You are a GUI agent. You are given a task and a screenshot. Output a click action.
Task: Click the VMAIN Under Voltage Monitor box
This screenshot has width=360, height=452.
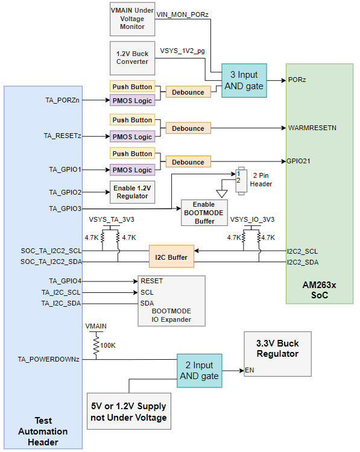(132, 17)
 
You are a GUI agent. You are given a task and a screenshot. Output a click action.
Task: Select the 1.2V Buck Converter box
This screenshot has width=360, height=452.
(132, 58)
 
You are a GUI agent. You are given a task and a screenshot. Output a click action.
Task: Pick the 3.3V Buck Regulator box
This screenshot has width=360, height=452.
(277, 349)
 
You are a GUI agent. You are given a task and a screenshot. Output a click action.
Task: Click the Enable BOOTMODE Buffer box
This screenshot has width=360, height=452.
(203, 213)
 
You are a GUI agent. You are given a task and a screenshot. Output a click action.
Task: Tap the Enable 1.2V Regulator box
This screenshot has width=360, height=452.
(132, 192)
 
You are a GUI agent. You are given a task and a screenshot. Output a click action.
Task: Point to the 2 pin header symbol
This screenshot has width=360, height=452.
(241, 180)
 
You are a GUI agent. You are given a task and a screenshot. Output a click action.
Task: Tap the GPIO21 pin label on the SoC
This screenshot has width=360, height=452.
(300, 161)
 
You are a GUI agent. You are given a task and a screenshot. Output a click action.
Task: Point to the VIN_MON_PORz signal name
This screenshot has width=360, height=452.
(183, 13)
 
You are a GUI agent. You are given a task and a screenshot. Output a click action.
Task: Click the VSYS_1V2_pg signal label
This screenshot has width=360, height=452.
(182, 51)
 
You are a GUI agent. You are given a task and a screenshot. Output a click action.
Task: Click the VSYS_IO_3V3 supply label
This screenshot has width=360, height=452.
(251, 219)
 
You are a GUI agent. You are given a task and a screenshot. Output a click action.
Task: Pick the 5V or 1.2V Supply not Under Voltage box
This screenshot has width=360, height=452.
(128, 411)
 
